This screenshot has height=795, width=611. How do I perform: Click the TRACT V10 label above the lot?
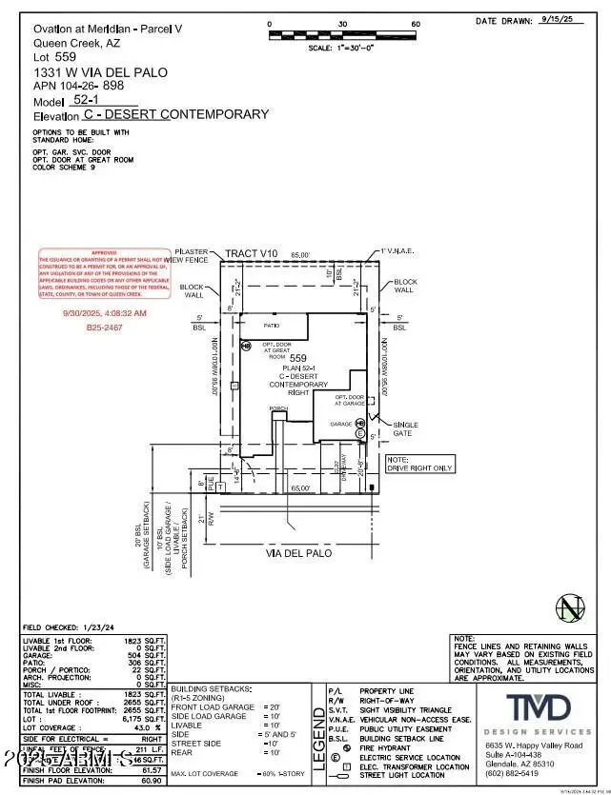pyautogui.click(x=251, y=254)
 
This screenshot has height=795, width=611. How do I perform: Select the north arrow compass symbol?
pyautogui.click(x=570, y=606)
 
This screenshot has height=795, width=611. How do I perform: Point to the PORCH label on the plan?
pyautogui.click(x=278, y=408)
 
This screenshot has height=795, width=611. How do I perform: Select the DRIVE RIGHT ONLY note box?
pyautogui.click(x=419, y=464)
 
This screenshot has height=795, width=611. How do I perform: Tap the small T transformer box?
pyautogui.click(x=221, y=486)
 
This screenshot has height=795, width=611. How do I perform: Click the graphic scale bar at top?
pyautogui.click(x=342, y=36)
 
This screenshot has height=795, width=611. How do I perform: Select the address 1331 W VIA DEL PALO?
pyautogui.click(x=81, y=71)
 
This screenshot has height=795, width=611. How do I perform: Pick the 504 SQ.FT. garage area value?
pyautogui.click(x=152, y=656)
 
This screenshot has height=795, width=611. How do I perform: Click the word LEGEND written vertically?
pyautogui.click(x=318, y=740)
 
